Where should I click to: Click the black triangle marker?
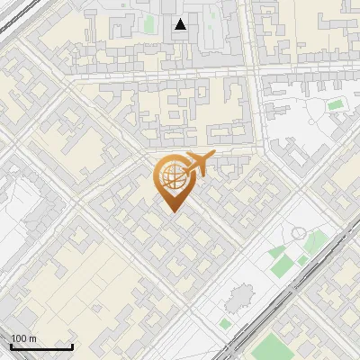[181, 24]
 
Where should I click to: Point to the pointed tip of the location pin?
[171, 211]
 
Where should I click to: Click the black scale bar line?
[41, 346]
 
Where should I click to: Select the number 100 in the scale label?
[18, 338]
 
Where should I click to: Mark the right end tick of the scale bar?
[72, 345]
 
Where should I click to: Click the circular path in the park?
[298, 233]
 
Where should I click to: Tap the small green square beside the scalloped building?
[224, 322]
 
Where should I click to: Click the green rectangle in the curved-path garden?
[336, 105]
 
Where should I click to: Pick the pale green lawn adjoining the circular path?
[315, 241]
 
